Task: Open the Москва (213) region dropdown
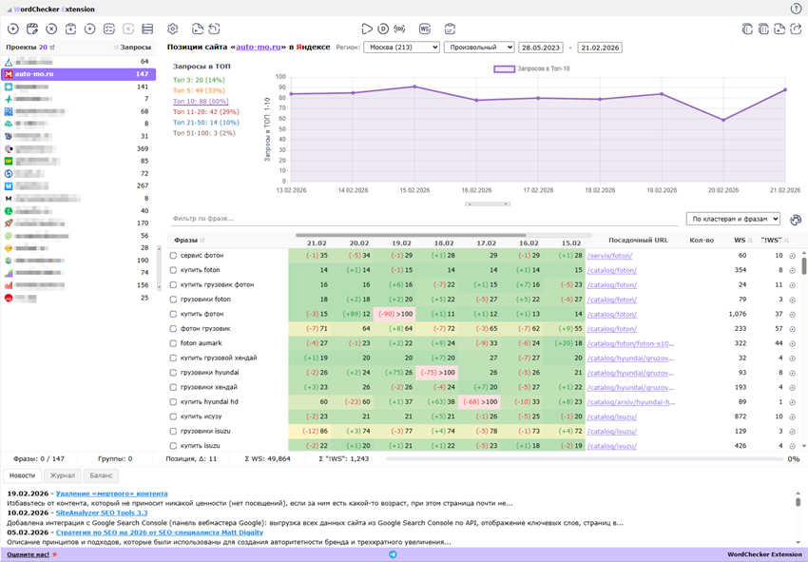(401, 47)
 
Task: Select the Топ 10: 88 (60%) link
(201, 101)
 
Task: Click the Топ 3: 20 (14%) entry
(198, 80)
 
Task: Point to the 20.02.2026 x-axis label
(722, 190)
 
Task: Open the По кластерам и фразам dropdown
(732, 219)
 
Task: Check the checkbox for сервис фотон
(173, 256)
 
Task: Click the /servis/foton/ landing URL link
(609, 256)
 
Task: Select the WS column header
(739, 241)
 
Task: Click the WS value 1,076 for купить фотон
(737, 314)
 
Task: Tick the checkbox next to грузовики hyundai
(173, 373)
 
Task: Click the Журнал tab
(63, 475)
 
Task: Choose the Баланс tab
(102, 475)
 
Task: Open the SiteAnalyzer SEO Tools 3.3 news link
(102, 513)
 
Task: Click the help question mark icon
(796, 9)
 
